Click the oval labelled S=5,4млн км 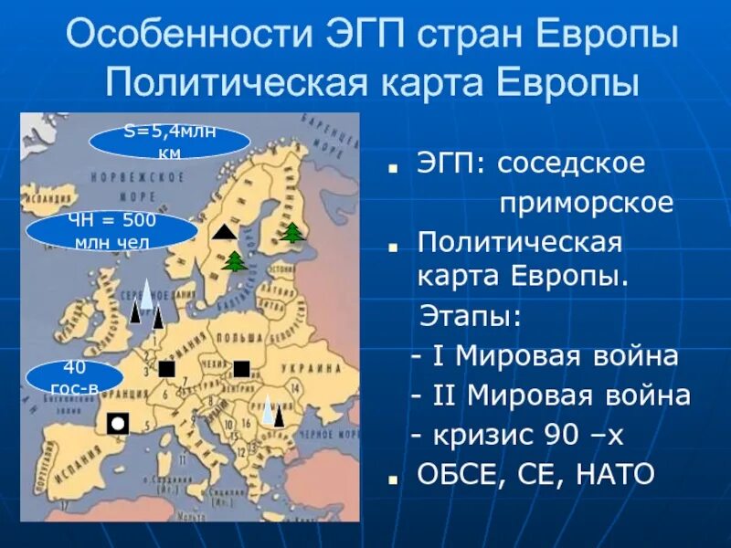tap(170, 142)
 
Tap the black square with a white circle tap(118, 423)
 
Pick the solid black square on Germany tap(167, 369)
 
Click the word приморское tap(586, 203)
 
